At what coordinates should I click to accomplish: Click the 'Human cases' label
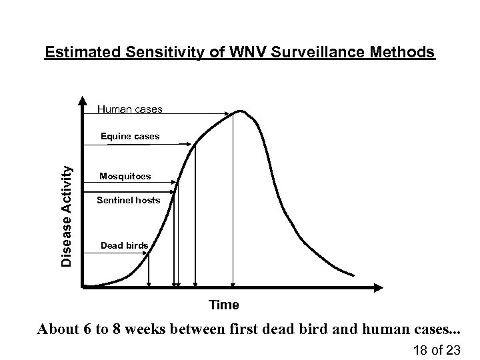click(x=129, y=108)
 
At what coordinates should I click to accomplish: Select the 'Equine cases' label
click(x=130, y=136)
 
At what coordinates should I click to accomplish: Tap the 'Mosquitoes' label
click(x=125, y=177)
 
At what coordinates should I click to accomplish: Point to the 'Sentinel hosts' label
click(x=128, y=200)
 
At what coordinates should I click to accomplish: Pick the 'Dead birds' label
click(x=124, y=246)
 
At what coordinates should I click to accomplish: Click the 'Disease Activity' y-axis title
click(x=67, y=216)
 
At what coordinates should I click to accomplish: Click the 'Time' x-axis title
click(x=223, y=305)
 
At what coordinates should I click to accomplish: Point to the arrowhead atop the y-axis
click(x=81, y=106)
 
